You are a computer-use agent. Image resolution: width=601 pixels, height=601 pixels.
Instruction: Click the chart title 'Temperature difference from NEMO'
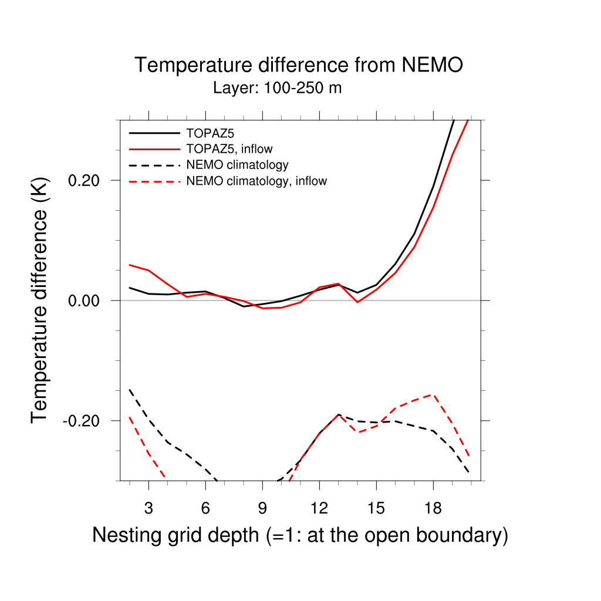pyautogui.click(x=299, y=65)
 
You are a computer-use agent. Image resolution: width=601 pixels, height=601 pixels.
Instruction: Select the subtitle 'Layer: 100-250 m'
pyautogui.click(x=278, y=89)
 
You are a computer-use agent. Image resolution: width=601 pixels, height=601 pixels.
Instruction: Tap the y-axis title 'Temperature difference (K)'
pyautogui.click(x=40, y=300)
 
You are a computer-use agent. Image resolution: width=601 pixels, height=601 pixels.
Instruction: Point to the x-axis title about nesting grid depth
pyautogui.click(x=300, y=535)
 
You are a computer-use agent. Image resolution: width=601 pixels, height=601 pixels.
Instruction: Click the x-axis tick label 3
pyautogui.click(x=148, y=508)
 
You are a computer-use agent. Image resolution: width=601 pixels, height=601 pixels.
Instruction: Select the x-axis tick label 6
pyautogui.click(x=205, y=508)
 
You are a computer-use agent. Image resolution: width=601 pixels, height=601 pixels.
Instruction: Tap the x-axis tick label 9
pyautogui.click(x=262, y=508)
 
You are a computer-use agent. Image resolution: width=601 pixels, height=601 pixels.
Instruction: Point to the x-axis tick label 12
pyautogui.click(x=319, y=508)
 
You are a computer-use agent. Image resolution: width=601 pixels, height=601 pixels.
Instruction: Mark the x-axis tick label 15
pyautogui.click(x=376, y=508)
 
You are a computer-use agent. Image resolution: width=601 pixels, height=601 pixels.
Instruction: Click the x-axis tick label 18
pyautogui.click(x=433, y=508)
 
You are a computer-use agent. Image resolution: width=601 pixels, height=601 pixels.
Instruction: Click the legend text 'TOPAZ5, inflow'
pyautogui.click(x=229, y=148)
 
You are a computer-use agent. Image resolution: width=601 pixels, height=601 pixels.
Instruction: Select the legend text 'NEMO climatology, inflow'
pyautogui.click(x=256, y=181)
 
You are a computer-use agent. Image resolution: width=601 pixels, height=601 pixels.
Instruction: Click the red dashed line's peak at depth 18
pyautogui.click(x=433, y=394)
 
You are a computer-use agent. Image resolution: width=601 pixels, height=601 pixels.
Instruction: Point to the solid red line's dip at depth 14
pyautogui.click(x=357, y=302)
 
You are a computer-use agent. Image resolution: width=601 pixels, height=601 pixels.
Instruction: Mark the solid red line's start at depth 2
pyautogui.click(x=130, y=265)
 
